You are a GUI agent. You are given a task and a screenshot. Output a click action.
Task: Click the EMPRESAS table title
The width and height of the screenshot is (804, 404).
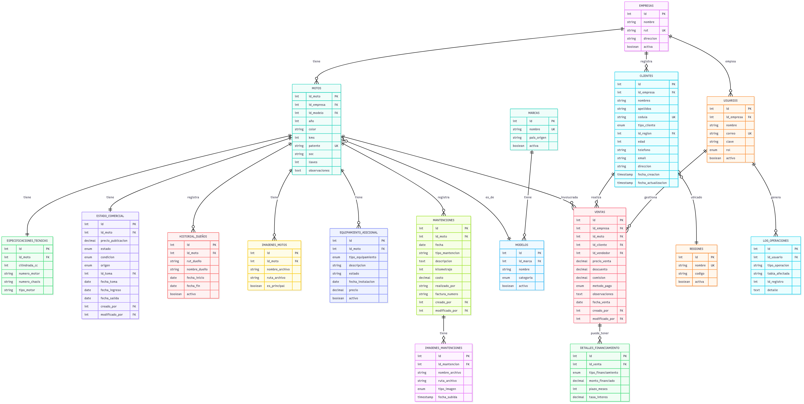(646, 6)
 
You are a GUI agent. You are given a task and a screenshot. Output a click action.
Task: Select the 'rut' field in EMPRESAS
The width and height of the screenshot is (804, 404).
(646, 30)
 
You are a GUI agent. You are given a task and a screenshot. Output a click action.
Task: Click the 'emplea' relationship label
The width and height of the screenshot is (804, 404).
(730, 62)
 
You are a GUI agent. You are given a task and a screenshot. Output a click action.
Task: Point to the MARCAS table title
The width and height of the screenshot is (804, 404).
(534, 113)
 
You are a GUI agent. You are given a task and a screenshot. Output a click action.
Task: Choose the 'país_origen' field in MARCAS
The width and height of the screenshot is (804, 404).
(538, 138)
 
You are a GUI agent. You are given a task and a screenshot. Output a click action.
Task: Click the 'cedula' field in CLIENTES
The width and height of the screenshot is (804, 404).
(643, 117)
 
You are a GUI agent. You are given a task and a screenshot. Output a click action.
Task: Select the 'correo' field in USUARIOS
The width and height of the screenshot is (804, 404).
(731, 134)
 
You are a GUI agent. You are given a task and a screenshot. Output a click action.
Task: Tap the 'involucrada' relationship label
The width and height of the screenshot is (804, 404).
(569, 197)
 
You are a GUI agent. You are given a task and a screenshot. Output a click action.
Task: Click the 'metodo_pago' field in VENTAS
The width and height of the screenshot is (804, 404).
(602, 286)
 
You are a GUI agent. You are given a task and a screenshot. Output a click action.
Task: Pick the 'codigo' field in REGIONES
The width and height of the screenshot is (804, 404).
(700, 274)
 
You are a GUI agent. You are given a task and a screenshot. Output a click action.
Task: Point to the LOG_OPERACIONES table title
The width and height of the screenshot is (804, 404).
(776, 241)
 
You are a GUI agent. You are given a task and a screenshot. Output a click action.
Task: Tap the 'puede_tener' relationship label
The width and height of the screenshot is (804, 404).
(600, 333)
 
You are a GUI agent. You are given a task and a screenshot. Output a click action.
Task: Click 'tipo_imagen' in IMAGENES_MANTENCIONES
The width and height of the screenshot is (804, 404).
(447, 389)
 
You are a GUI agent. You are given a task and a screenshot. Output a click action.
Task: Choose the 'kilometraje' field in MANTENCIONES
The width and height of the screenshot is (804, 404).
(443, 269)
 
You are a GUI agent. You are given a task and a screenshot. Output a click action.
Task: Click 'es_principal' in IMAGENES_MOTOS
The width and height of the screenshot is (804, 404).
(276, 286)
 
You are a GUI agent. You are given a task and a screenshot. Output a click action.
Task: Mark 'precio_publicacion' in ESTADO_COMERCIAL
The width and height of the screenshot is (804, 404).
(114, 241)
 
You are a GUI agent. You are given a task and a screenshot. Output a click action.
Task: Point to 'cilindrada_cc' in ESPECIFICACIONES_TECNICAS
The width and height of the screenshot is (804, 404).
(28, 265)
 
